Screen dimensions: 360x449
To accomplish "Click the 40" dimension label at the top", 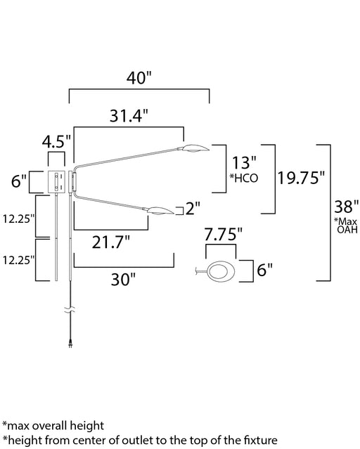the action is pos(139,77).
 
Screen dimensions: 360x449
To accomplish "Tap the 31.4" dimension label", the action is pos(129,116).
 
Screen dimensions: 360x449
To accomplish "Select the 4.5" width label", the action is pos(56,141).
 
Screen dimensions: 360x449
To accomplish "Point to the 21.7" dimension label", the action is pos(111,242).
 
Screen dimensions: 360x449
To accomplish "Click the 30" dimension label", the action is pos(123,279).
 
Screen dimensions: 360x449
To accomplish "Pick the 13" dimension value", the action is pos(244,162).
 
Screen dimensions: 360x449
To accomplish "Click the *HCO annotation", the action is pos(244,178).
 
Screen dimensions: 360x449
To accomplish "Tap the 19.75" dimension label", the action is pos(301,178).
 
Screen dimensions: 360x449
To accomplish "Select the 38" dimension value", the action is pos(347,207).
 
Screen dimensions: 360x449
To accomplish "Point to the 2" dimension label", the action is pos(193,208).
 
